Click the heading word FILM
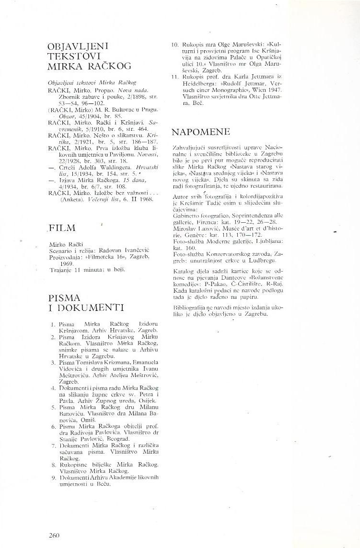click(62, 228)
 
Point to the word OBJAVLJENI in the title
click(79, 46)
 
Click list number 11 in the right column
click(174, 77)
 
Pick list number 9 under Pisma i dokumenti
click(54, 478)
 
